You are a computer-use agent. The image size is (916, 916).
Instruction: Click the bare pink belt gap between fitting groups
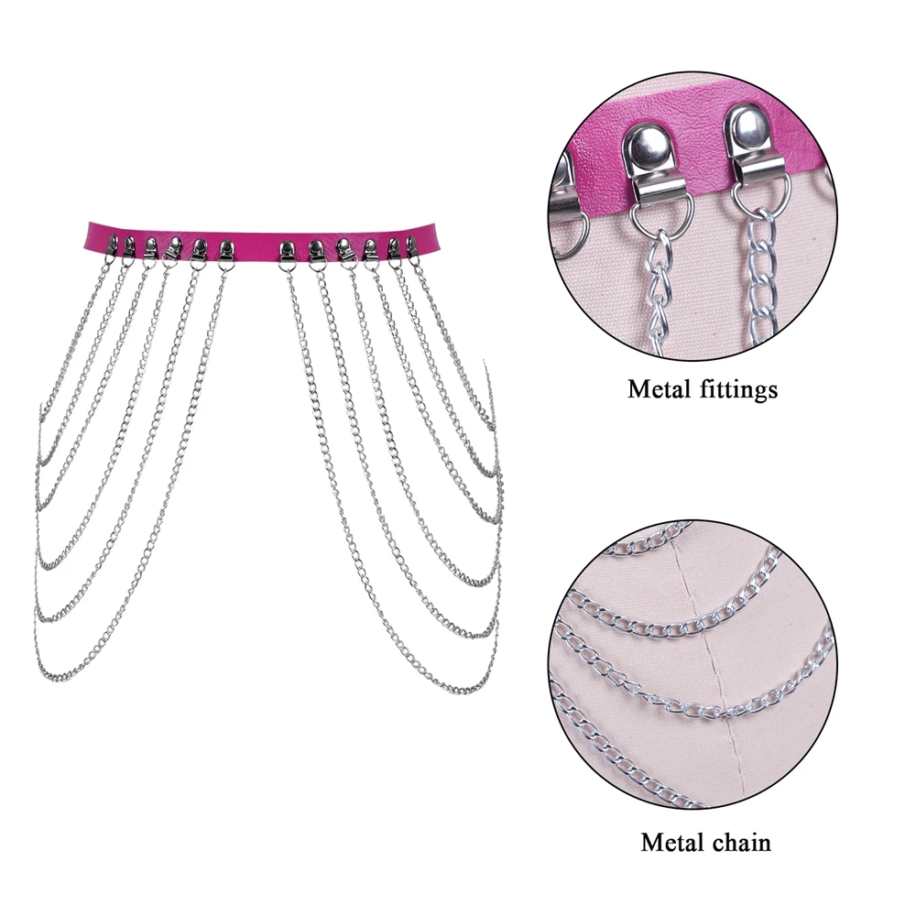point(256,232)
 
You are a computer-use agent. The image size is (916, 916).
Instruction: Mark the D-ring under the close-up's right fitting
point(759,193)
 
